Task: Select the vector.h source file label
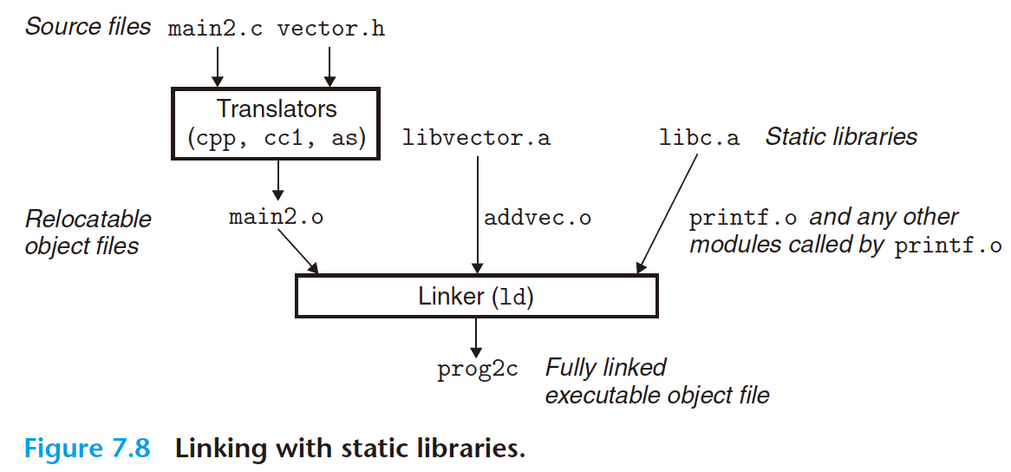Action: (330, 29)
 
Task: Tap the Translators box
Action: (277, 122)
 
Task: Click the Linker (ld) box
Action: (476, 297)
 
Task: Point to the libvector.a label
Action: (476, 138)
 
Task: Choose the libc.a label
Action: (699, 138)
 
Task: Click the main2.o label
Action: (276, 217)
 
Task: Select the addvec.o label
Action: (538, 217)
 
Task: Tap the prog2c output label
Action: (477, 369)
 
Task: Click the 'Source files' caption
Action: (88, 27)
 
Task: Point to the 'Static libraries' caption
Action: (840, 136)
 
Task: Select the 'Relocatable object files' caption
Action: (88, 232)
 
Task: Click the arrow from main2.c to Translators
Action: (217, 65)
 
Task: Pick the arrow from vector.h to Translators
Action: (329, 65)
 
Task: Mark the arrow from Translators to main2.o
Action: (277, 180)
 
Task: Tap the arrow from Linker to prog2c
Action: (476, 334)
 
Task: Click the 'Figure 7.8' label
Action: (87, 449)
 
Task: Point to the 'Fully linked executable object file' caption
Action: (656, 381)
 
